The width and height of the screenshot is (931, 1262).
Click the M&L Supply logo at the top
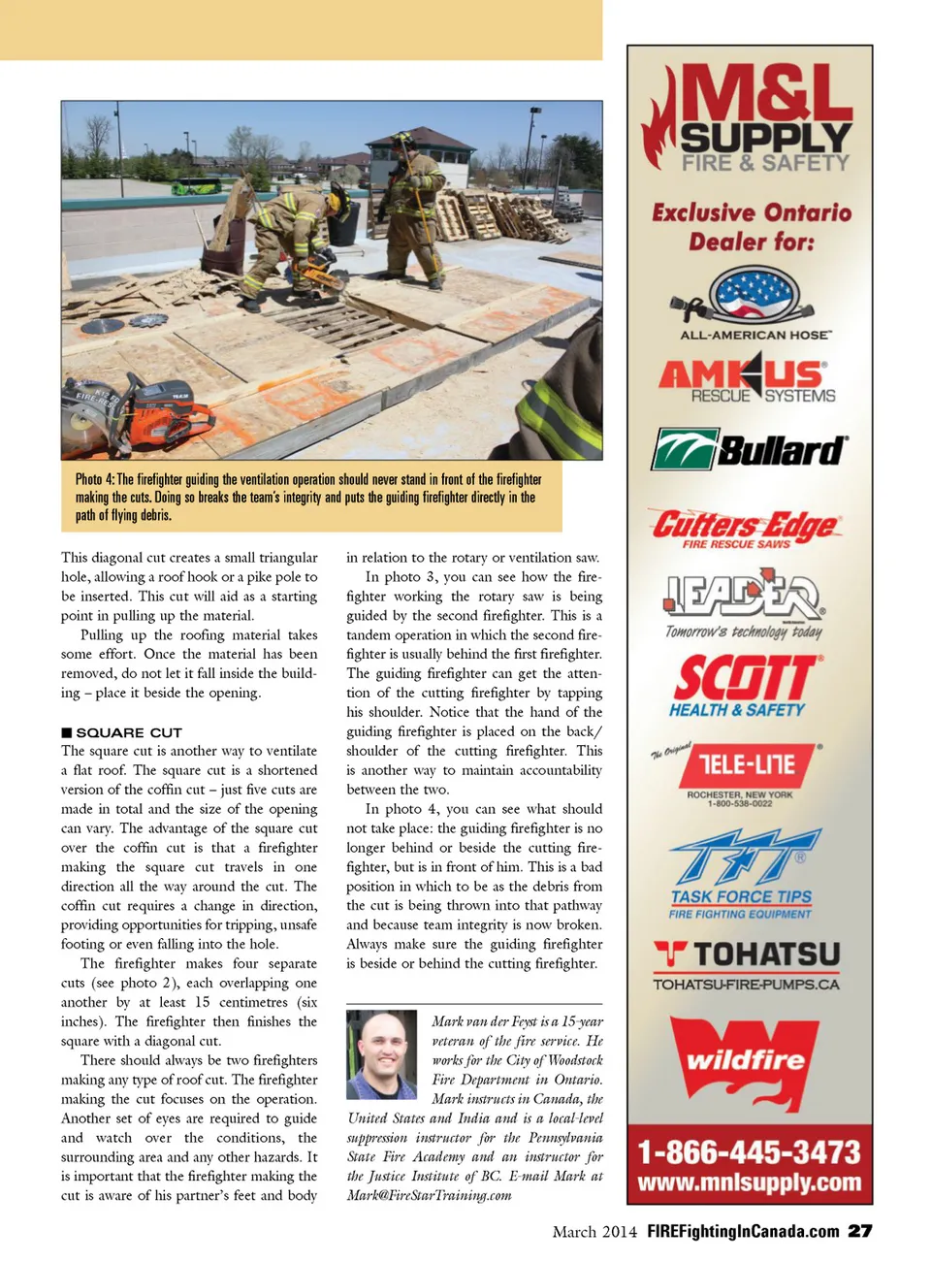pyautogui.click(x=749, y=118)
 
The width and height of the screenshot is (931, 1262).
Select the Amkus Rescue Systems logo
pyautogui.click(x=748, y=380)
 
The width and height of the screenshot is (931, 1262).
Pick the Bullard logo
pyautogui.click(x=749, y=450)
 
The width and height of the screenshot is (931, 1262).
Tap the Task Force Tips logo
pyautogui.click(x=743, y=872)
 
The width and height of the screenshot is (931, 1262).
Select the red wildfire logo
pyautogui.click(x=745, y=1060)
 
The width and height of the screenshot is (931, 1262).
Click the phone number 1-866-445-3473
pyautogui.click(x=749, y=1151)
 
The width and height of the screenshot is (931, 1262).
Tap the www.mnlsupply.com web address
pyautogui.click(x=749, y=1182)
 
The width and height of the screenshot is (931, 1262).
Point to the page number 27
pyautogui.click(x=859, y=1231)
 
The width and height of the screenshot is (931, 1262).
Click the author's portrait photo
pyautogui.click(x=381, y=1054)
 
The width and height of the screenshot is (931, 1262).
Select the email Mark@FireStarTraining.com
pyautogui.click(x=430, y=1195)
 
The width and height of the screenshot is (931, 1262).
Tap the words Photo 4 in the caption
pyautogui.click(x=95, y=479)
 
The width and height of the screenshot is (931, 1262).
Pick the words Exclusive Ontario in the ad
pyautogui.click(x=752, y=212)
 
